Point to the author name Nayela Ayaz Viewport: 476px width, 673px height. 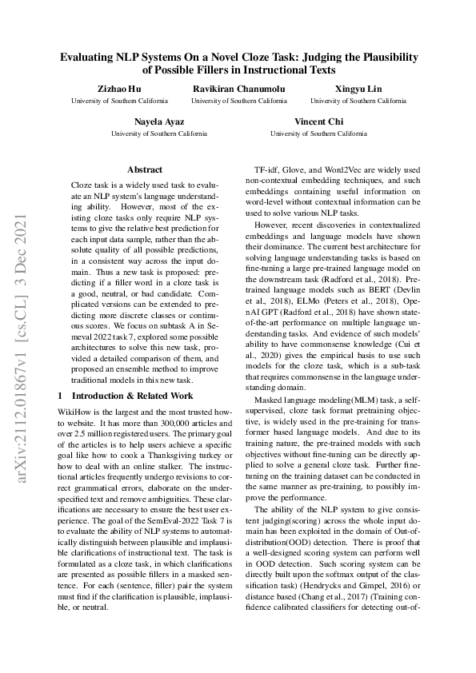pos(159,120)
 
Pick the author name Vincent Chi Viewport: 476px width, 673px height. pos(318,120)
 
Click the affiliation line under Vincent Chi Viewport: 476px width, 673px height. pos(318,133)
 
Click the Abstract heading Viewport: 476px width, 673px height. pos(145,169)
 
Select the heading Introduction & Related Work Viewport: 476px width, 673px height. pos(132,396)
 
